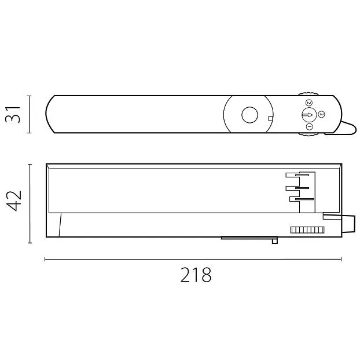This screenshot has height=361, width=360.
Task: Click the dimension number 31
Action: tap(13, 115)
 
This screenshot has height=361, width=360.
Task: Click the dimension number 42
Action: tap(14, 200)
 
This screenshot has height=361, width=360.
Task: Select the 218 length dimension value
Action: tap(196, 275)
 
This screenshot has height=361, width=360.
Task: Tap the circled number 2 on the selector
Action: tap(308, 103)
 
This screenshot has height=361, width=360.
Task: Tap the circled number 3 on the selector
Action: tap(321, 114)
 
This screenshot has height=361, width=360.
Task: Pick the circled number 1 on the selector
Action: tap(310, 127)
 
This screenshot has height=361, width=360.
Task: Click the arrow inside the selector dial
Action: tap(307, 115)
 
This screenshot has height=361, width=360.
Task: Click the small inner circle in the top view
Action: tap(249, 115)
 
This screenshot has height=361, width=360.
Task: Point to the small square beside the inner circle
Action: tap(271, 118)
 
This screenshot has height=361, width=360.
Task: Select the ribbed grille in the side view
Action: tap(307, 230)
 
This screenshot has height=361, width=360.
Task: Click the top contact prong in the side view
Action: tap(297, 175)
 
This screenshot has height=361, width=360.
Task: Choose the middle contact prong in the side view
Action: tap(297, 188)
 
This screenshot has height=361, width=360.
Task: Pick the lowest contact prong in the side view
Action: tap(302, 199)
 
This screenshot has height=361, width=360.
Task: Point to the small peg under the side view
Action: tap(275, 241)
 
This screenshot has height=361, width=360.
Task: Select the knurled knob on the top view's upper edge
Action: tap(308, 94)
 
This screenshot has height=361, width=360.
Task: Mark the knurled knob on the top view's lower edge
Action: tap(308, 134)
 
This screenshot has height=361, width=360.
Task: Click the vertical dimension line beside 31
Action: tap(29, 114)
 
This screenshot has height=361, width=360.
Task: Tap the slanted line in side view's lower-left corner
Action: tap(60, 225)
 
